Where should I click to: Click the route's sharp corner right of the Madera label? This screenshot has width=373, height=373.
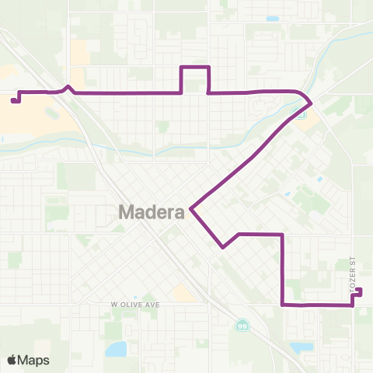tap(190, 208)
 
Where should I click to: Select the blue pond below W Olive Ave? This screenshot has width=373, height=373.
tap(116, 348)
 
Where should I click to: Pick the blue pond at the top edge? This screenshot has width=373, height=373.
tap(272, 19)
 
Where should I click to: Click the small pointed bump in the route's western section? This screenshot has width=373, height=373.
tap(68, 87)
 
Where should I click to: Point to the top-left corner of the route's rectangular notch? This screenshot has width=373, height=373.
tap(182, 68)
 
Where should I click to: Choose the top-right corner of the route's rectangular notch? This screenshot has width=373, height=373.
tap(208, 68)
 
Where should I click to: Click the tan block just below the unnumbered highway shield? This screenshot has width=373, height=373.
tap(309, 125)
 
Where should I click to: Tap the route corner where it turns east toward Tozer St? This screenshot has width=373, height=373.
tap(281, 305)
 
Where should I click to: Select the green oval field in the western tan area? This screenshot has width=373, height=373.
tap(53, 114)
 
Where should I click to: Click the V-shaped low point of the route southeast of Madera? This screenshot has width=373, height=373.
tap(223, 248)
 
